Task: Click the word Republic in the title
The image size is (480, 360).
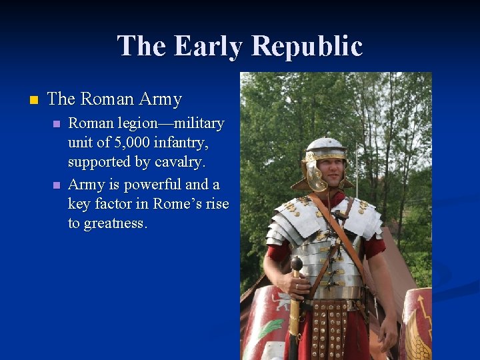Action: (307, 46)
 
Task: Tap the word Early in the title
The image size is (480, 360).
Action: (207, 46)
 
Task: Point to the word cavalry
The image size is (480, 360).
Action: (185, 163)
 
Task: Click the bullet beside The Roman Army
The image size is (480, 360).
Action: (34, 100)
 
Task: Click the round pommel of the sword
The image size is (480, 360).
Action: (296, 264)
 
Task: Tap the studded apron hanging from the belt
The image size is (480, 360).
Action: (329, 327)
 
